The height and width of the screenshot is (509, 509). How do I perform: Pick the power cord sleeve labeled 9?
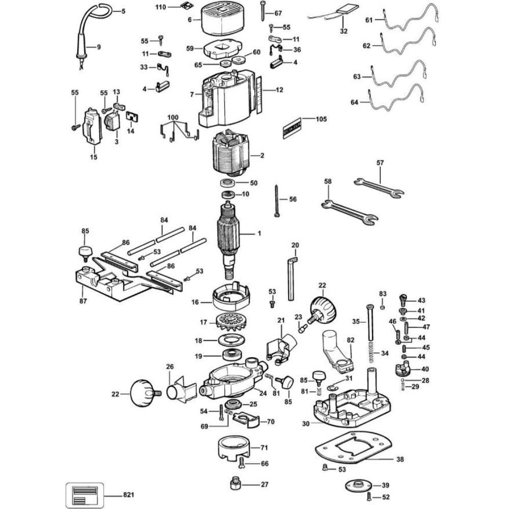[81, 49]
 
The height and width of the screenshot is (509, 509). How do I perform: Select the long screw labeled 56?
[277, 201]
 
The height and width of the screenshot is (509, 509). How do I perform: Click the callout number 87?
[83, 301]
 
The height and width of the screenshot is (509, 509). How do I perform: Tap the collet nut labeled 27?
[235, 482]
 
